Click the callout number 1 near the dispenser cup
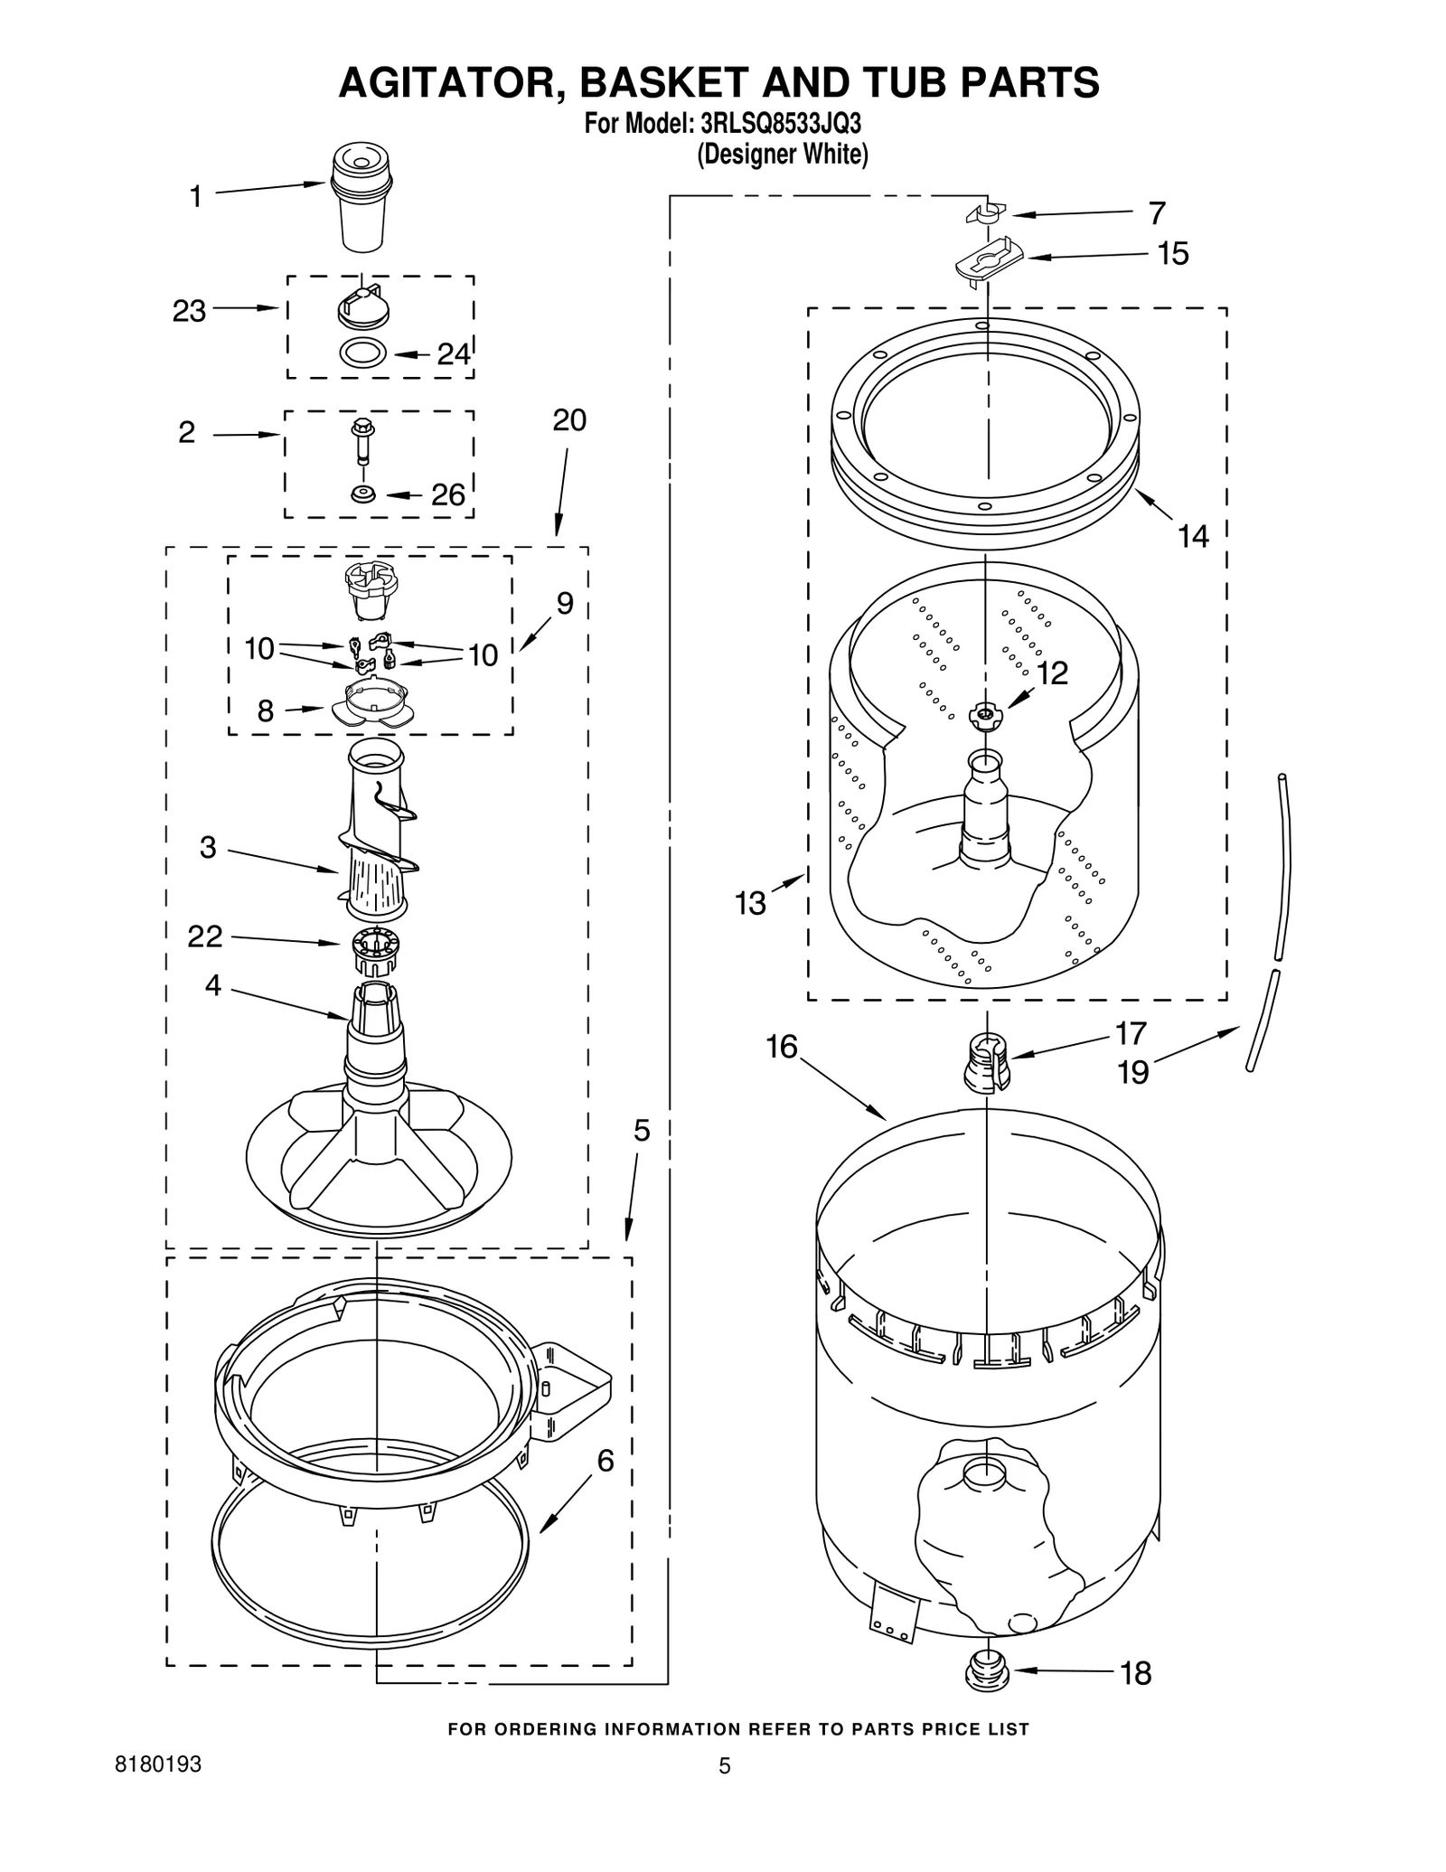click(195, 196)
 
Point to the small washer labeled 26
click(364, 494)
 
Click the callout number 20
click(568, 420)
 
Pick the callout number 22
click(204, 936)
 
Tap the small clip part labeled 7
click(986, 214)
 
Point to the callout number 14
click(1193, 536)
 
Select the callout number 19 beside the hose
click(1132, 1072)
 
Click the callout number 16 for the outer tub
click(782, 1047)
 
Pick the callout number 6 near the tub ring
click(605, 1461)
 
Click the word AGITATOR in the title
click(453, 82)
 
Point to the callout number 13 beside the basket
click(750, 902)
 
